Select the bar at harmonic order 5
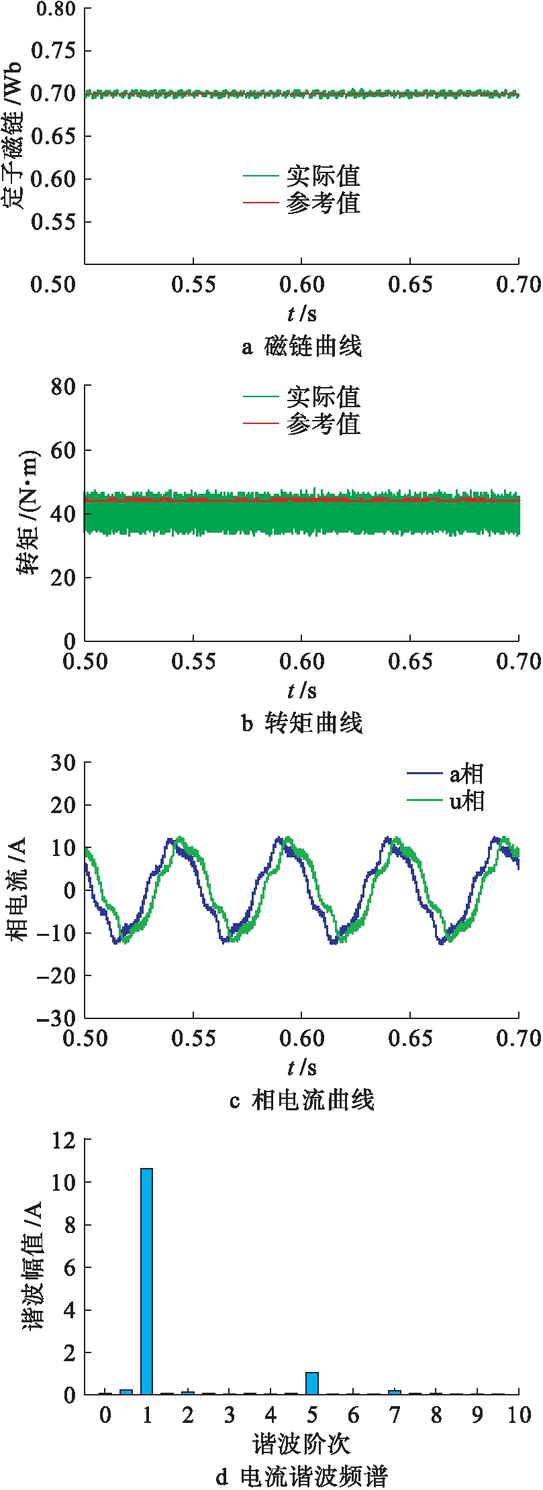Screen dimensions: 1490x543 [x=312, y=1383]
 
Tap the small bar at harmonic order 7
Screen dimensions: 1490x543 [x=395, y=1393]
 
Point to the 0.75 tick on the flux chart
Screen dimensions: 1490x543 [x=54, y=51]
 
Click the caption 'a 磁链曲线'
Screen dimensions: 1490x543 [x=301, y=347]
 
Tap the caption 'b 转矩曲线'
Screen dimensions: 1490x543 [x=301, y=724]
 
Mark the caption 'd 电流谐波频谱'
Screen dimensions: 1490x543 [x=301, y=1477]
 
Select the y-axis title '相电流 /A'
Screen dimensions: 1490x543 [x=18, y=890]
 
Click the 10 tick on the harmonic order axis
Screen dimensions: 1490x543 [x=519, y=1416]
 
